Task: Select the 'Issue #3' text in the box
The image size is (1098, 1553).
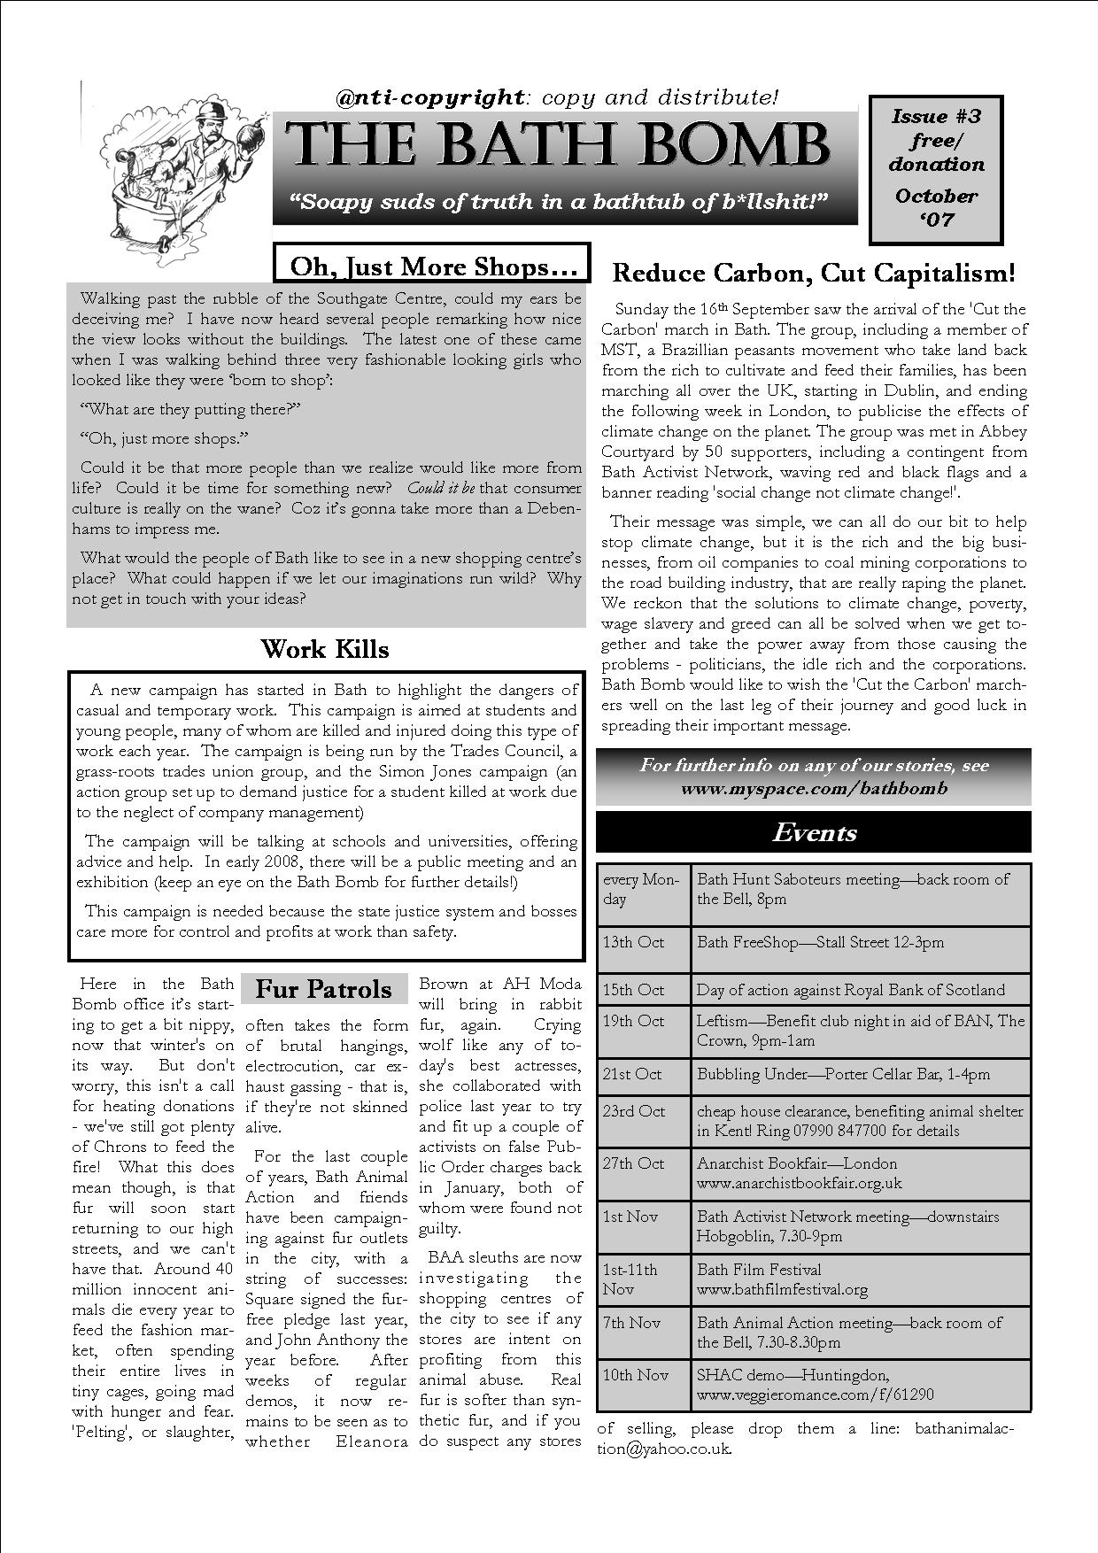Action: point(936,116)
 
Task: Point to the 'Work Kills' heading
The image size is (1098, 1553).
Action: point(325,649)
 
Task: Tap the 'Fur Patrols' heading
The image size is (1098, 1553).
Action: point(323,989)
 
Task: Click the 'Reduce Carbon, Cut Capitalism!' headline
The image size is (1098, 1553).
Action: point(813,273)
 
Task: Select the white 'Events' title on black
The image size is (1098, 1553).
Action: point(815,832)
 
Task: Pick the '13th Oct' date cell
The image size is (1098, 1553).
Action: point(633,942)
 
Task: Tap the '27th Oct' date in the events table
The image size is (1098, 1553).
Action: point(633,1163)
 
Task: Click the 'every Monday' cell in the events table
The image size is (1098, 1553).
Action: point(641,889)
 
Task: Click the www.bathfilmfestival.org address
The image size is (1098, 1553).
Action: point(782,1289)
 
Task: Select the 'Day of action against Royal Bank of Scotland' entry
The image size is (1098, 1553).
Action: point(850,990)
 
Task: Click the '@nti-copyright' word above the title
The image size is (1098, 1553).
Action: point(430,97)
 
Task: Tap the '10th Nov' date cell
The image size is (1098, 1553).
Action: point(635,1375)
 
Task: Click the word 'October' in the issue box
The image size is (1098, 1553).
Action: point(936,196)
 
